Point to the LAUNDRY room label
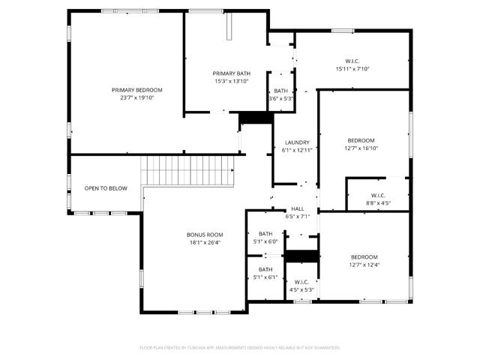(x=297, y=142)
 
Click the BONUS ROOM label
(x=205, y=235)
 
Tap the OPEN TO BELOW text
(x=106, y=188)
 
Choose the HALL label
(x=298, y=208)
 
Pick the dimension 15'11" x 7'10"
(x=352, y=69)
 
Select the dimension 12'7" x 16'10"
(x=361, y=148)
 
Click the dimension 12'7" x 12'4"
(x=365, y=264)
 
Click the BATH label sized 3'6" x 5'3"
(x=280, y=91)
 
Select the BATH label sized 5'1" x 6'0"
(x=265, y=233)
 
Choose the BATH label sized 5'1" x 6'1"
(x=265, y=269)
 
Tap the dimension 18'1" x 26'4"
(x=205, y=242)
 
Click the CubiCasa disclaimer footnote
(x=240, y=347)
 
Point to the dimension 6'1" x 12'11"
(x=297, y=150)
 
